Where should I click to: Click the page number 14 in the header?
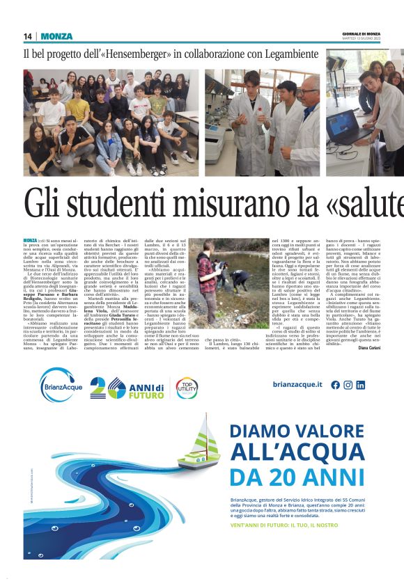click(28, 36)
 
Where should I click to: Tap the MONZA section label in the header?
click(56, 36)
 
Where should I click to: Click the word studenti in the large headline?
click(127, 205)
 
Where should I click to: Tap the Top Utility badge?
click(187, 387)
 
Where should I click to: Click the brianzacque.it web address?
click(297, 384)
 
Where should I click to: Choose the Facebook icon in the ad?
click(336, 384)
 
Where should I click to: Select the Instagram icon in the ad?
click(348, 384)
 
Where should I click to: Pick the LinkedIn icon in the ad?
click(360, 384)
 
